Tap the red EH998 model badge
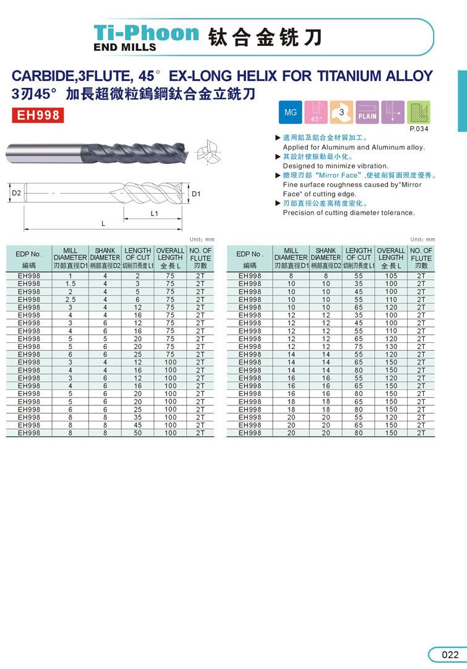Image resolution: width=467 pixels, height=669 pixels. (37, 115)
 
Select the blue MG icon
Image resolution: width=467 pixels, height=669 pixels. (290, 113)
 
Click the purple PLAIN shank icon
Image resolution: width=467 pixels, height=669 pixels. (367, 113)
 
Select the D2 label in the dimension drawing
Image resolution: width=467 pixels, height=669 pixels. (17, 194)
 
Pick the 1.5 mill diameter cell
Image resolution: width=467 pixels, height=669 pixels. (71, 283)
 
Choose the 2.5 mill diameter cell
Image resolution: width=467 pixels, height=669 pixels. (71, 300)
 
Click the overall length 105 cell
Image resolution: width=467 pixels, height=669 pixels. (391, 276)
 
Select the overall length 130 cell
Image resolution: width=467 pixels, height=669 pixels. (391, 347)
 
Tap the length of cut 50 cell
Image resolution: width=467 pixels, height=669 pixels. (137, 433)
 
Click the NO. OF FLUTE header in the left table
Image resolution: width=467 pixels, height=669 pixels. (200, 257)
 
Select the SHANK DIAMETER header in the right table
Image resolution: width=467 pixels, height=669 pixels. (325, 254)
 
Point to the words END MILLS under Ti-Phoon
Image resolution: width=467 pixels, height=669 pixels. (124, 46)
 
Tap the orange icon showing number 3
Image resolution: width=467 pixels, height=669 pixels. (341, 113)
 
